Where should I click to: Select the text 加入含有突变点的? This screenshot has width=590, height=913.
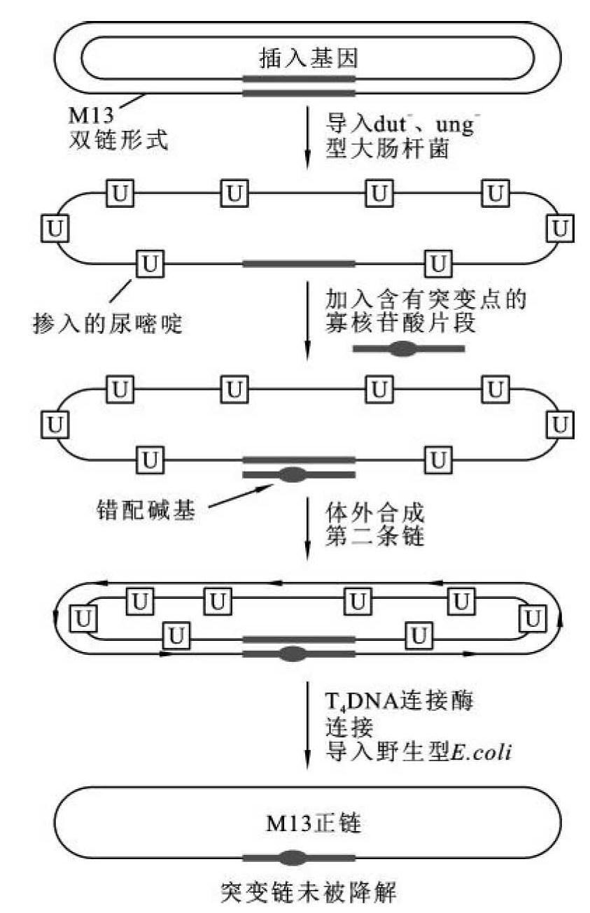click(426, 300)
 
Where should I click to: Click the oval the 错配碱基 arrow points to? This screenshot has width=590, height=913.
click(292, 475)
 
